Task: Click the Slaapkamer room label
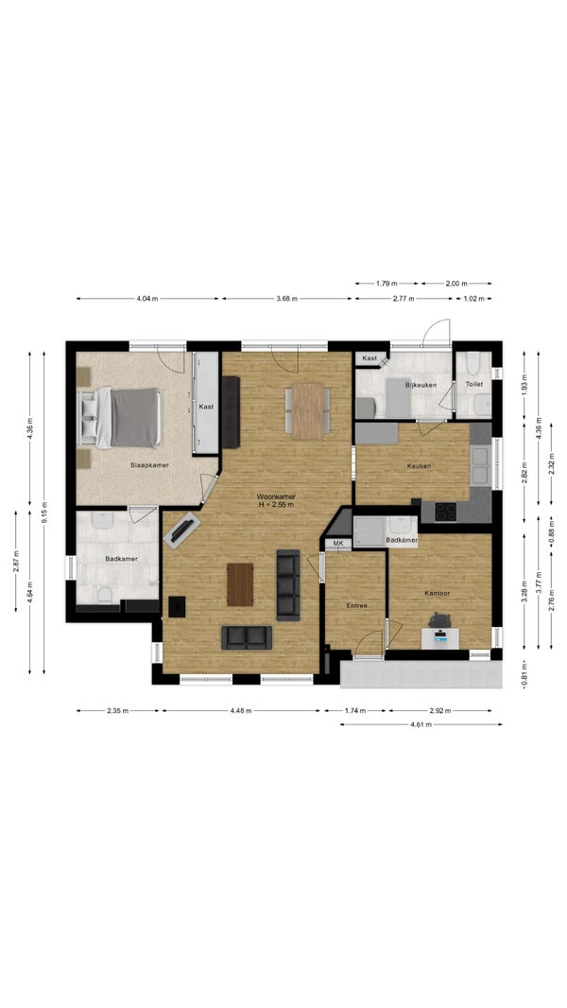(149, 465)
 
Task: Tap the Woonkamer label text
(276, 496)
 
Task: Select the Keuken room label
(419, 466)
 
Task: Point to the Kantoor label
(438, 593)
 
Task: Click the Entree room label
(356, 605)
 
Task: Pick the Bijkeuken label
(421, 385)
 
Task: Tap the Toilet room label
(473, 384)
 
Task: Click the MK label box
(338, 544)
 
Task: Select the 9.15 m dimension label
(44, 513)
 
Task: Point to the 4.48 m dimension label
(241, 710)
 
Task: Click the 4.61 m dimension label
(421, 724)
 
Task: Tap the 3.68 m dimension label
(287, 299)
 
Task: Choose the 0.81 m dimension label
(524, 675)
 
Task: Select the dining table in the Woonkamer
(308, 410)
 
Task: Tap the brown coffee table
(240, 584)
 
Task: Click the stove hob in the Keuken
(446, 512)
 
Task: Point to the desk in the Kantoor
(439, 637)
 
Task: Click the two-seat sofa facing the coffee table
(247, 637)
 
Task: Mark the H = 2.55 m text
(276, 505)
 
